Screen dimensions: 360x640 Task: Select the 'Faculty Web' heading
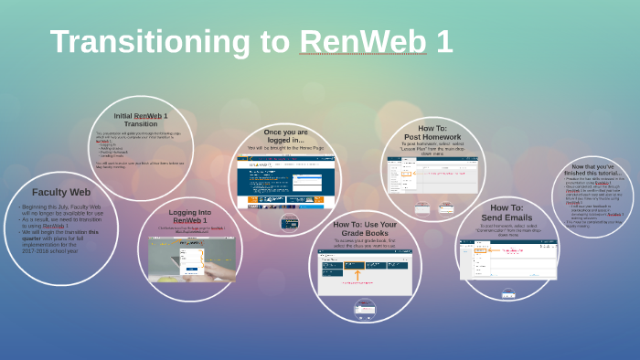pos(61,192)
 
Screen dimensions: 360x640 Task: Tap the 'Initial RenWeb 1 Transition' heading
pos(141,120)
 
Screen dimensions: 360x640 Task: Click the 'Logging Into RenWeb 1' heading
pos(190,217)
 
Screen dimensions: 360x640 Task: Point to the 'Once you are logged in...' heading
pos(285,136)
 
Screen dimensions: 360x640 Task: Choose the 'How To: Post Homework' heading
pos(432,132)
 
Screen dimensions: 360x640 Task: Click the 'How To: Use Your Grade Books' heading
pos(365,228)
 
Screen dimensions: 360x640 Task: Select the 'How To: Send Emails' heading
pos(507,213)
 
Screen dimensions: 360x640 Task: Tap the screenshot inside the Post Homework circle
pos(432,175)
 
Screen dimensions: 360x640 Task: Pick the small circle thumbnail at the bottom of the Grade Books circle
pos(365,307)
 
